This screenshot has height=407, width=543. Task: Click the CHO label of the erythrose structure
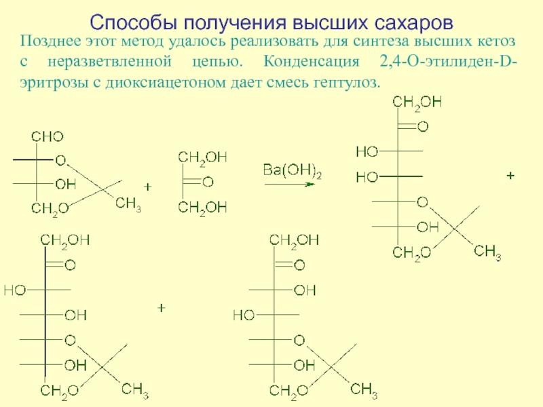point(47,137)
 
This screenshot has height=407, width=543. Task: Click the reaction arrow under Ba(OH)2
point(289,183)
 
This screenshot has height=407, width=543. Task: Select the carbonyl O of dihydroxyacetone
point(208,182)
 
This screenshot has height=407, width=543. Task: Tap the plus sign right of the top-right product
point(510,176)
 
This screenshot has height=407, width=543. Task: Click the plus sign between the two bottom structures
point(162,308)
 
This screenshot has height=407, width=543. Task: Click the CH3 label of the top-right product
point(487,252)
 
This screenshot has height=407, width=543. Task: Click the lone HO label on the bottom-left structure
point(14,290)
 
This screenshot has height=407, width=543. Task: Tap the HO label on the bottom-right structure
point(244,315)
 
